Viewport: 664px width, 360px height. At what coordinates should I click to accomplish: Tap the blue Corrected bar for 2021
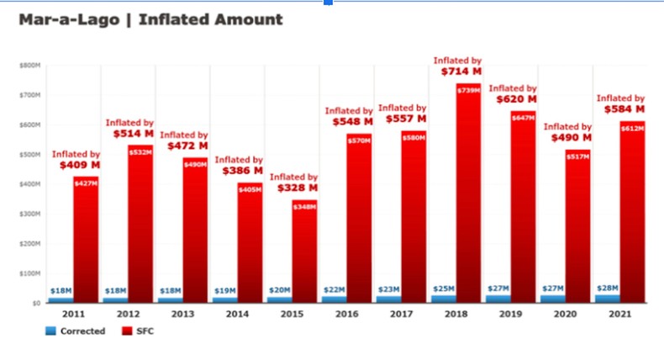coord(608,298)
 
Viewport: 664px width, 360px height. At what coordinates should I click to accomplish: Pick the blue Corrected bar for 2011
coord(60,299)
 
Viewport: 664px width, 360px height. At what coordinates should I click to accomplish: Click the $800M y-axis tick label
coord(29,65)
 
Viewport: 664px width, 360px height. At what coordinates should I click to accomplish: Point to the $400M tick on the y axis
coord(29,184)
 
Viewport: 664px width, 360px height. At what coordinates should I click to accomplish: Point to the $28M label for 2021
coord(608,288)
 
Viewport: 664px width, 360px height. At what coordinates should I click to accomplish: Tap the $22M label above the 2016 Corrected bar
coord(334,289)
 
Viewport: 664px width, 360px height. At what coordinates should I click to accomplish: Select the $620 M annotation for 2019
coord(513,99)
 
